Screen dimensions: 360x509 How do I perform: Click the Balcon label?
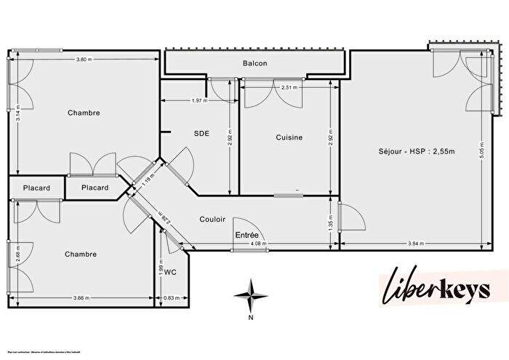254,63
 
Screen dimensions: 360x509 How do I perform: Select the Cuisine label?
289,137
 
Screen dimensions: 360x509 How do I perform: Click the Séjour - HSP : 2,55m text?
416,151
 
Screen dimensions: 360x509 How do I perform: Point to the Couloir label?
212,219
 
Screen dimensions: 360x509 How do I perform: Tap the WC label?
171,272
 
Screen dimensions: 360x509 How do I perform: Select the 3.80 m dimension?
86,59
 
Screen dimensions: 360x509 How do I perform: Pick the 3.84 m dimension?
414,242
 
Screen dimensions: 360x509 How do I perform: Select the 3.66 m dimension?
81,297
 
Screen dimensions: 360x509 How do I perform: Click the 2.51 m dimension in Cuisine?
289,87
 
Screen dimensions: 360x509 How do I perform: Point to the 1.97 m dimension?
199,100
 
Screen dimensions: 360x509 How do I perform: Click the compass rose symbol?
250,295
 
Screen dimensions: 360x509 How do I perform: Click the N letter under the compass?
250,318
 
